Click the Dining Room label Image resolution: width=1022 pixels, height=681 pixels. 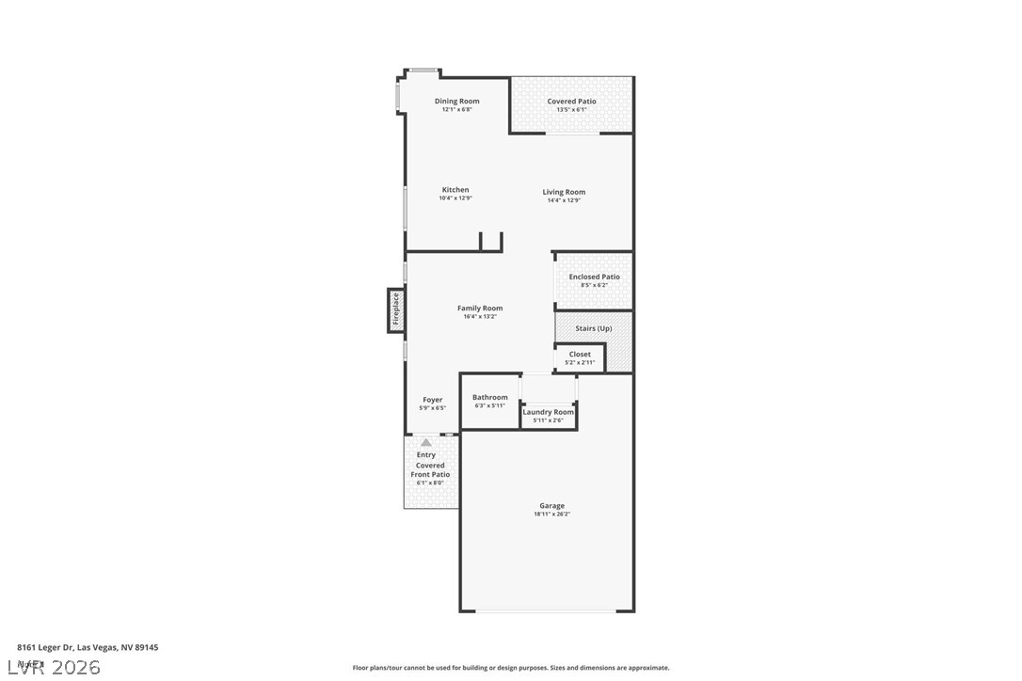(x=456, y=102)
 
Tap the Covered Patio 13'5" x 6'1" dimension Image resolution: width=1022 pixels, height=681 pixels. (x=571, y=110)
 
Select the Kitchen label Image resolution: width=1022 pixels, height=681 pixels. (x=455, y=190)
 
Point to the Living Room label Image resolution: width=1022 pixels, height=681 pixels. (x=564, y=192)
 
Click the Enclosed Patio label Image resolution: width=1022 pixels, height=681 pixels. (x=594, y=277)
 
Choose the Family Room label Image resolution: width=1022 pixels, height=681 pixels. (x=480, y=309)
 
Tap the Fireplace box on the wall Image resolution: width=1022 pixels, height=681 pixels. (x=396, y=309)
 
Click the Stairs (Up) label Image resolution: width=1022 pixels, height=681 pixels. (x=593, y=328)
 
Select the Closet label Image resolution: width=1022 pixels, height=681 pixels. (x=580, y=355)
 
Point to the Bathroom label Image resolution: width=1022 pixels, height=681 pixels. (x=489, y=398)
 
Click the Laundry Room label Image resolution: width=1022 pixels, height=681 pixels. (x=548, y=412)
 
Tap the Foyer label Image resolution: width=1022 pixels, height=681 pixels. (x=432, y=400)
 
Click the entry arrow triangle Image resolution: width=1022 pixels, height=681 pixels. (x=426, y=442)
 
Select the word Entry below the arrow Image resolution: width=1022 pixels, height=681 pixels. (x=426, y=455)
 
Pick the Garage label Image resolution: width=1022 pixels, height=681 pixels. (x=551, y=506)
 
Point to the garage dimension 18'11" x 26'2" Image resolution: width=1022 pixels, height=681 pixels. (x=551, y=515)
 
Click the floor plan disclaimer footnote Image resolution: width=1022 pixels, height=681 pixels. (x=511, y=668)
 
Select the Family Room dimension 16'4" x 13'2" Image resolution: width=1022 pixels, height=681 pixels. (x=480, y=317)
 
